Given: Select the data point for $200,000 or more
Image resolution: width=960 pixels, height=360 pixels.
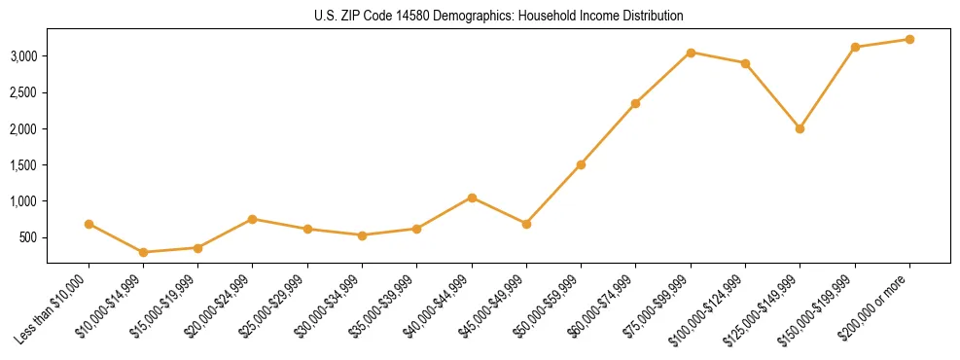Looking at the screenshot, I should (x=909, y=40).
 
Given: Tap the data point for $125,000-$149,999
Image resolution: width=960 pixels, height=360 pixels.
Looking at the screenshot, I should (x=800, y=128).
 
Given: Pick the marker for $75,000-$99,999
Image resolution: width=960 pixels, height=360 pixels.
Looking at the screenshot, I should (x=691, y=53).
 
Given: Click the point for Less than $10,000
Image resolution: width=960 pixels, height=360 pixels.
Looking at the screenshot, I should (x=89, y=224).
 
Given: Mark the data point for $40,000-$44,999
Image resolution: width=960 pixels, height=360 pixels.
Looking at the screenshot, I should (x=472, y=198).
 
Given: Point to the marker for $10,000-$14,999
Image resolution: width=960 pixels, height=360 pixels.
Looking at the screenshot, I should (x=144, y=252).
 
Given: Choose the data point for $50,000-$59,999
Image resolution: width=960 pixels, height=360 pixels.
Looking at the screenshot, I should (x=581, y=164).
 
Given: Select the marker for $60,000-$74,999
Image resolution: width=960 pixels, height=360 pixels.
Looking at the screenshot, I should (x=635, y=103).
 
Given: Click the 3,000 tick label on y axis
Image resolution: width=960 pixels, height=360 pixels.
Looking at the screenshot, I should (x=23, y=56).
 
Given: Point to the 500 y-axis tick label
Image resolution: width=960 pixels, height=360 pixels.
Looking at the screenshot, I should (x=29, y=237).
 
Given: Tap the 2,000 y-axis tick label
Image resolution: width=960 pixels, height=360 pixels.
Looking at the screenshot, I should (x=23, y=128).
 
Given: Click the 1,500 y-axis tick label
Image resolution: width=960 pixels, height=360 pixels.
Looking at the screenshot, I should (x=23, y=165).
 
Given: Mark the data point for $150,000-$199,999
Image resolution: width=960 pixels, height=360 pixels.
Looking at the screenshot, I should (x=855, y=47).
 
